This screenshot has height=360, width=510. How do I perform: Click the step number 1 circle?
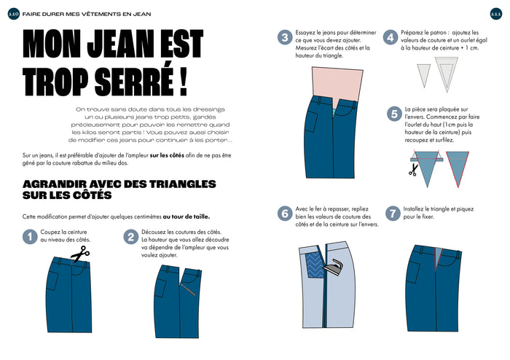pyautogui.click(x=30, y=236)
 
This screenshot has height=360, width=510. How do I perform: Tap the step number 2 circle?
pyautogui.click(x=130, y=236)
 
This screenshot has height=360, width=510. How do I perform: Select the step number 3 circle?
pyautogui.click(x=285, y=39)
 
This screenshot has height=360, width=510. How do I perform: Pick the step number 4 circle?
pyautogui.click(x=391, y=39)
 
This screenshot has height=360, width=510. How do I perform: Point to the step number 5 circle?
pyautogui.click(x=394, y=114)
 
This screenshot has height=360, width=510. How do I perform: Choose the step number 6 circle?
pyautogui.click(x=285, y=214)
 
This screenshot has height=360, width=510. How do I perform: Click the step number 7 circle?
pyautogui.click(x=392, y=214)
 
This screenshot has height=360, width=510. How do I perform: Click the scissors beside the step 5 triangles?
pyautogui.click(x=413, y=169)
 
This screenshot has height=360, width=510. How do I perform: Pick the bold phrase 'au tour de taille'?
pyautogui.click(x=187, y=216)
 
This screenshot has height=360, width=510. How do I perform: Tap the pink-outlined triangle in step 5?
pyautogui.click(x=457, y=168)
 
